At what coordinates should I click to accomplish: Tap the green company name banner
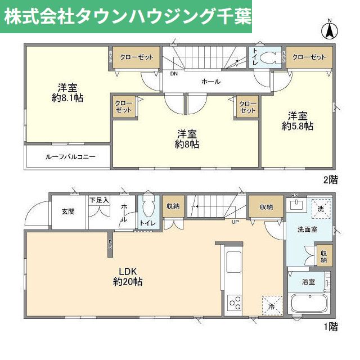tap(126, 16)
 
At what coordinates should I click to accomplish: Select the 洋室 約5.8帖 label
tap(298, 121)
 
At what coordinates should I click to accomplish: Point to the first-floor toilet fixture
tap(147, 209)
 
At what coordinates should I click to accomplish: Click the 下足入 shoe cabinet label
tap(100, 200)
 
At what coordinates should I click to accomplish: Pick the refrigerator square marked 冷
tap(271, 307)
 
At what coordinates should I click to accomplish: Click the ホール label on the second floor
tap(211, 82)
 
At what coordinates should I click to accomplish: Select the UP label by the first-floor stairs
tap(236, 221)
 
